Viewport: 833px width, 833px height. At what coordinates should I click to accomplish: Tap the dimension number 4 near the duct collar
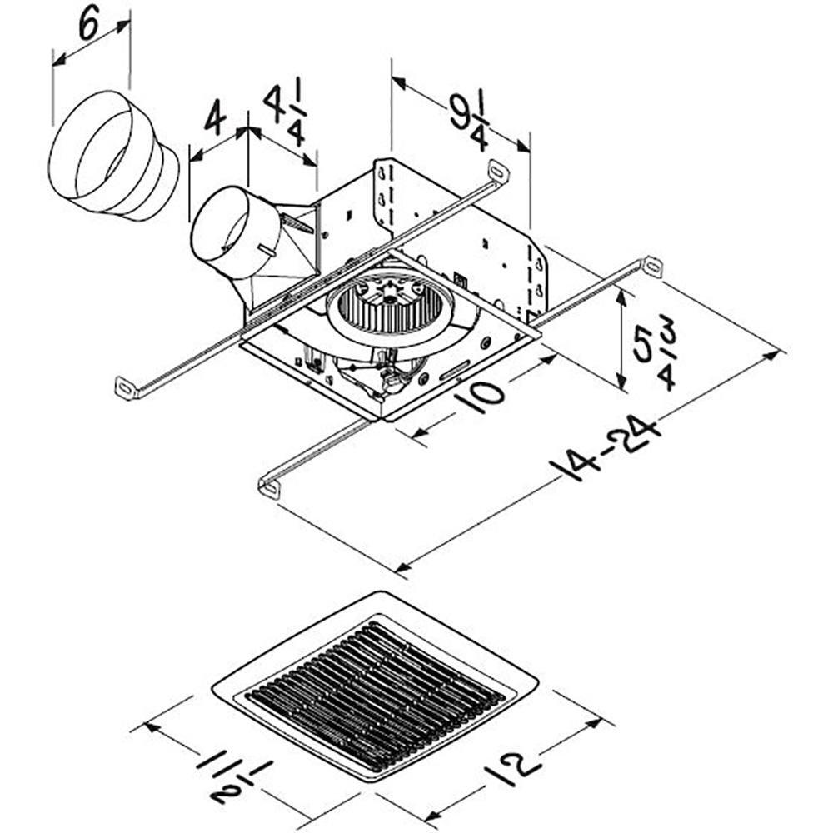click(215, 120)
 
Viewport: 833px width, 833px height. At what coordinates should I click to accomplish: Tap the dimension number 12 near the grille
click(511, 767)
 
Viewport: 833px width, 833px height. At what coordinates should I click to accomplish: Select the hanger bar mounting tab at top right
click(653, 267)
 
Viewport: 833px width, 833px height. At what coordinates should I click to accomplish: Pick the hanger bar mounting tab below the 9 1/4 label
click(497, 171)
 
